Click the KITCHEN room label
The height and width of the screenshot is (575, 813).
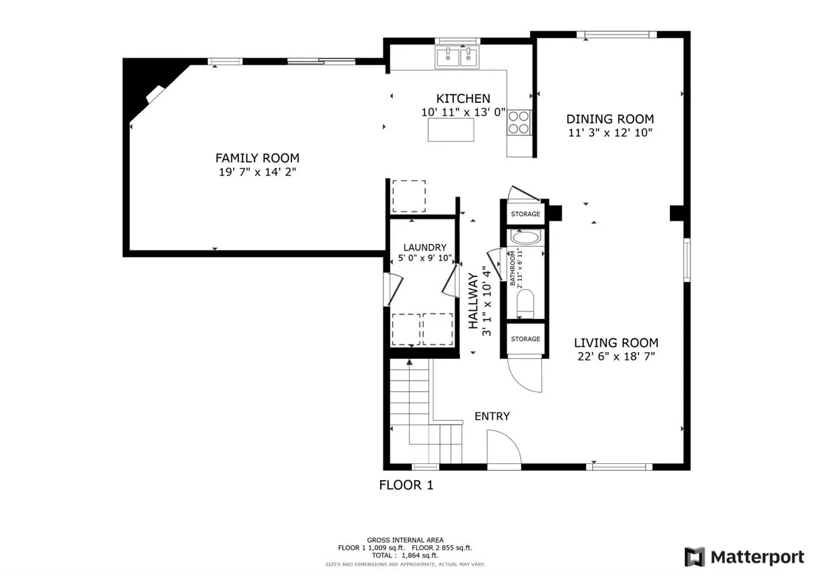[x=463, y=99]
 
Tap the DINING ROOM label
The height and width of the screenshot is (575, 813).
[x=610, y=119]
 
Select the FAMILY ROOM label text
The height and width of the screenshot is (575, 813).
[x=257, y=158]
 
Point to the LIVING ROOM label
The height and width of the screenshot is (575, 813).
[x=617, y=343]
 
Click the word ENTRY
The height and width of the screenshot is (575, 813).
[x=492, y=416]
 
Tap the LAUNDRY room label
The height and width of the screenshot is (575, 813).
[x=425, y=247]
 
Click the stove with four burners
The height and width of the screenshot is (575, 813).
[x=519, y=123]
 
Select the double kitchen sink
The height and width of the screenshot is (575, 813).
[x=457, y=57]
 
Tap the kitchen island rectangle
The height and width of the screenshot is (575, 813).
[x=451, y=129]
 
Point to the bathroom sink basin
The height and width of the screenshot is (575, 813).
[x=526, y=238]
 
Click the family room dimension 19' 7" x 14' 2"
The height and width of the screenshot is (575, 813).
[x=257, y=172]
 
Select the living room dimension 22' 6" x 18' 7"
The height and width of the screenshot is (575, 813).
[x=617, y=356]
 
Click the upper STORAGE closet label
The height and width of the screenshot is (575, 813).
[x=526, y=214]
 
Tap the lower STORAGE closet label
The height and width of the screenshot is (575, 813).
[x=526, y=339]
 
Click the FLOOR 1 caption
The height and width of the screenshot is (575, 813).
[x=406, y=485]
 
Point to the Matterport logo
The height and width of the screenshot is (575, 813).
[x=744, y=557]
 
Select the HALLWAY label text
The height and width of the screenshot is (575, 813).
[x=474, y=301]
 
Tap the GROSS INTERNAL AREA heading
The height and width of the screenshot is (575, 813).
[x=405, y=540]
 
